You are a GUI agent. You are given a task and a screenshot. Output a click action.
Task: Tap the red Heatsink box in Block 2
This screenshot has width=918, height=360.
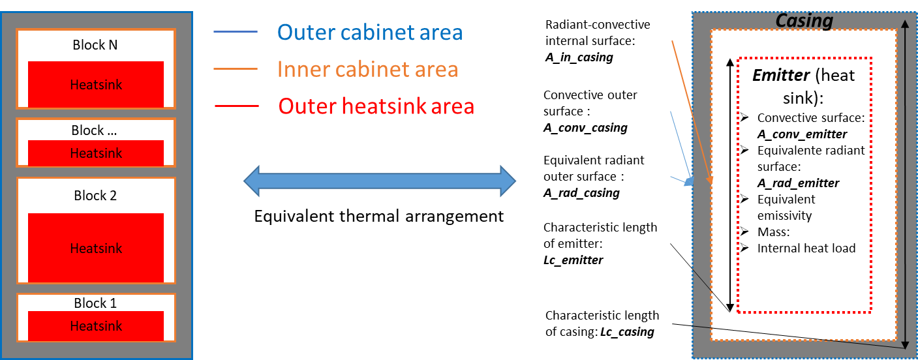(96, 248)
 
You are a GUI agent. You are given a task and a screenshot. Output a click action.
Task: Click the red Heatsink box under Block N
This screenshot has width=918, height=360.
(96, 84)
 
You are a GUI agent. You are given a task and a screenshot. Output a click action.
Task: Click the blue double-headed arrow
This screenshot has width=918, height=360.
(379, 181)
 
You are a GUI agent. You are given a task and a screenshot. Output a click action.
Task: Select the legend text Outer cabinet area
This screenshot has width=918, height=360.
(370, 32)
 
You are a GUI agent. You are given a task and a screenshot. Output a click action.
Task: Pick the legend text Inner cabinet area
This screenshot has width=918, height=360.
(367, 69)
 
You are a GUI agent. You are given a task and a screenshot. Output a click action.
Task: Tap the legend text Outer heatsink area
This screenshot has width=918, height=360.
(375, 106)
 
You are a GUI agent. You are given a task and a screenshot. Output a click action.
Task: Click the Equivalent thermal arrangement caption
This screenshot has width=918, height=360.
(379, 216)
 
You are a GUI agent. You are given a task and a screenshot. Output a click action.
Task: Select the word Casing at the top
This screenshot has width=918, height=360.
(804, 21)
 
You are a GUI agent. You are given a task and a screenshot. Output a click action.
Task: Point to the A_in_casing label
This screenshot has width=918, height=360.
(579, 57)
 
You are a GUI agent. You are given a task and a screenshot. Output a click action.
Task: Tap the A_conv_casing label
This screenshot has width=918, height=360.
(585, 128)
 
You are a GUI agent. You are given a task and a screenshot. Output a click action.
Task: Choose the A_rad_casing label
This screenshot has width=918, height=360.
(581, 193)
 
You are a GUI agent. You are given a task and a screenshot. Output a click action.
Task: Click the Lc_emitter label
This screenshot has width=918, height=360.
(573, 260)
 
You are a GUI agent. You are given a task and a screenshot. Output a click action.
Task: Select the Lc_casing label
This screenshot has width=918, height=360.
(627, 332)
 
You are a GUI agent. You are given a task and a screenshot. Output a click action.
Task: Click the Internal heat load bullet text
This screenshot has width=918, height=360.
(806, 248)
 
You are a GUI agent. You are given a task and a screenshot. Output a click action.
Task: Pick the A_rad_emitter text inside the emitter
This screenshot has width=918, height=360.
(798, 183)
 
